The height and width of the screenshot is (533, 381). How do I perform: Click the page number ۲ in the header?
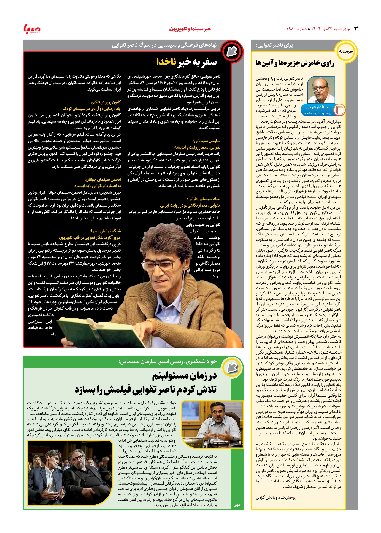coord(356,29)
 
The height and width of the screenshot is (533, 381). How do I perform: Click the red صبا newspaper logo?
coord(32,29)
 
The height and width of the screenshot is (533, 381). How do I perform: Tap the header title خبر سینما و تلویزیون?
coord(190,29)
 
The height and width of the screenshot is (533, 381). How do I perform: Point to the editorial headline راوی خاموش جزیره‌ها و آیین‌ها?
coord(295,63)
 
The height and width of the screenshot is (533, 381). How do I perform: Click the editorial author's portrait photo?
coord(321,90)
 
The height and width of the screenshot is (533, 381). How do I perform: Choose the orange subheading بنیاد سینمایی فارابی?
coord(204,199)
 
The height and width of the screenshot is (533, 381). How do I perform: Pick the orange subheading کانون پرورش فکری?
coord(105,102)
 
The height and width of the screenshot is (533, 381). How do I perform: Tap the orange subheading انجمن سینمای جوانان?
coord(103,179)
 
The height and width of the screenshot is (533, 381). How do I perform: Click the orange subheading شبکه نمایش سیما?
coord(105,231)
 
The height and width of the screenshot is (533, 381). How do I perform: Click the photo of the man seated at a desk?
coord(212,421)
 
